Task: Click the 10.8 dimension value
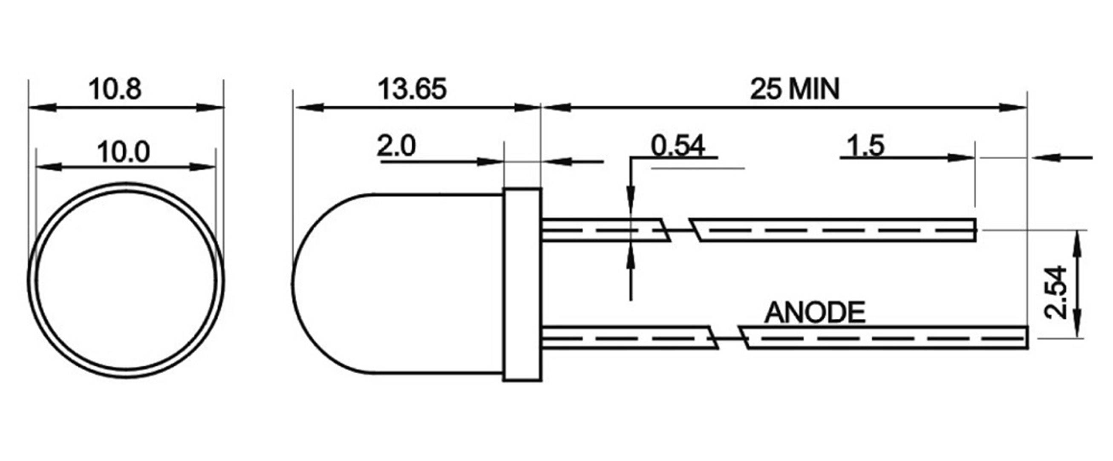115,89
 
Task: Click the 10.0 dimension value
124,153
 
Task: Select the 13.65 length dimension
412,89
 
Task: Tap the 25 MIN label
795,89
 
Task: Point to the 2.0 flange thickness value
396,146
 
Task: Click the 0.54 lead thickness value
678,146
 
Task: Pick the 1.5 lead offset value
865,146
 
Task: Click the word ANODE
815,312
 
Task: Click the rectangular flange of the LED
522,285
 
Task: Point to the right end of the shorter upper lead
975,230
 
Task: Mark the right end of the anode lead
1026,338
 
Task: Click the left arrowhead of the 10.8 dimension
41,107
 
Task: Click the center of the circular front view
126,280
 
